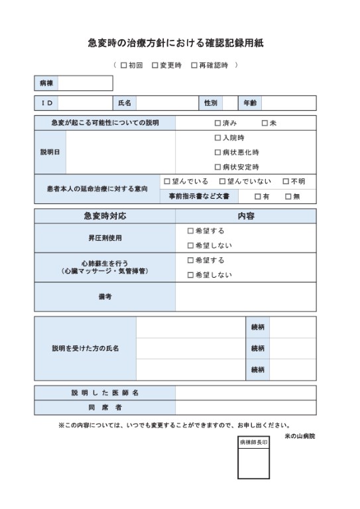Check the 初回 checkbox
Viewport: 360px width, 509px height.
pyautogui.click(x=124, y=66)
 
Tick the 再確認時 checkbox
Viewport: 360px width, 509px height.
pyautogui.click(x=194, y=66)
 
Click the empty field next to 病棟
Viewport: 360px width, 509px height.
pyautogui.click(x=86, y=84)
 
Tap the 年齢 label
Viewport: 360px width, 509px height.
pyautogui.click(x=250, y=103)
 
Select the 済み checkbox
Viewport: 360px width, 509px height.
pyautogui.click(x=217, y=123)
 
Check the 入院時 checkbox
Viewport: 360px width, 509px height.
pyautogui.click(x=217, y=138)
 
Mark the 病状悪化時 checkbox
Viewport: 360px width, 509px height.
pyautogui.click(x=217, y=152)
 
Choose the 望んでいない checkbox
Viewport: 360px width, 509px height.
pyautogui.click(x=222, y=181)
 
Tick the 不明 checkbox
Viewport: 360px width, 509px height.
pyautogui.click(x=286, y=181)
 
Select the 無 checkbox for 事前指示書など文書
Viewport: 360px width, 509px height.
pyautogui.click(x=288, y=196)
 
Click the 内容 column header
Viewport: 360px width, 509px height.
pyautogui.click(x=246, y=217)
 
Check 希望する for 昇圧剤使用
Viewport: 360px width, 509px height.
pyautogui.click(x=190, y=231)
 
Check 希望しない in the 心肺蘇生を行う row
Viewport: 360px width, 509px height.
pyautogui.click(x=190, y=275)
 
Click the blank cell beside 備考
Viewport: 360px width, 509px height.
pyautogui.click(x=246, y=297)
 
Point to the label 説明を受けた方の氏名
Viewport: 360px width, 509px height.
pyautogui.click(x=86, y=348)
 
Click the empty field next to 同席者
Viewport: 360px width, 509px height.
pyautogui.click(x=246, y=407)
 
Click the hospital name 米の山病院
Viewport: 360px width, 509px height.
pyautogui.click(x=300, y=436)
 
